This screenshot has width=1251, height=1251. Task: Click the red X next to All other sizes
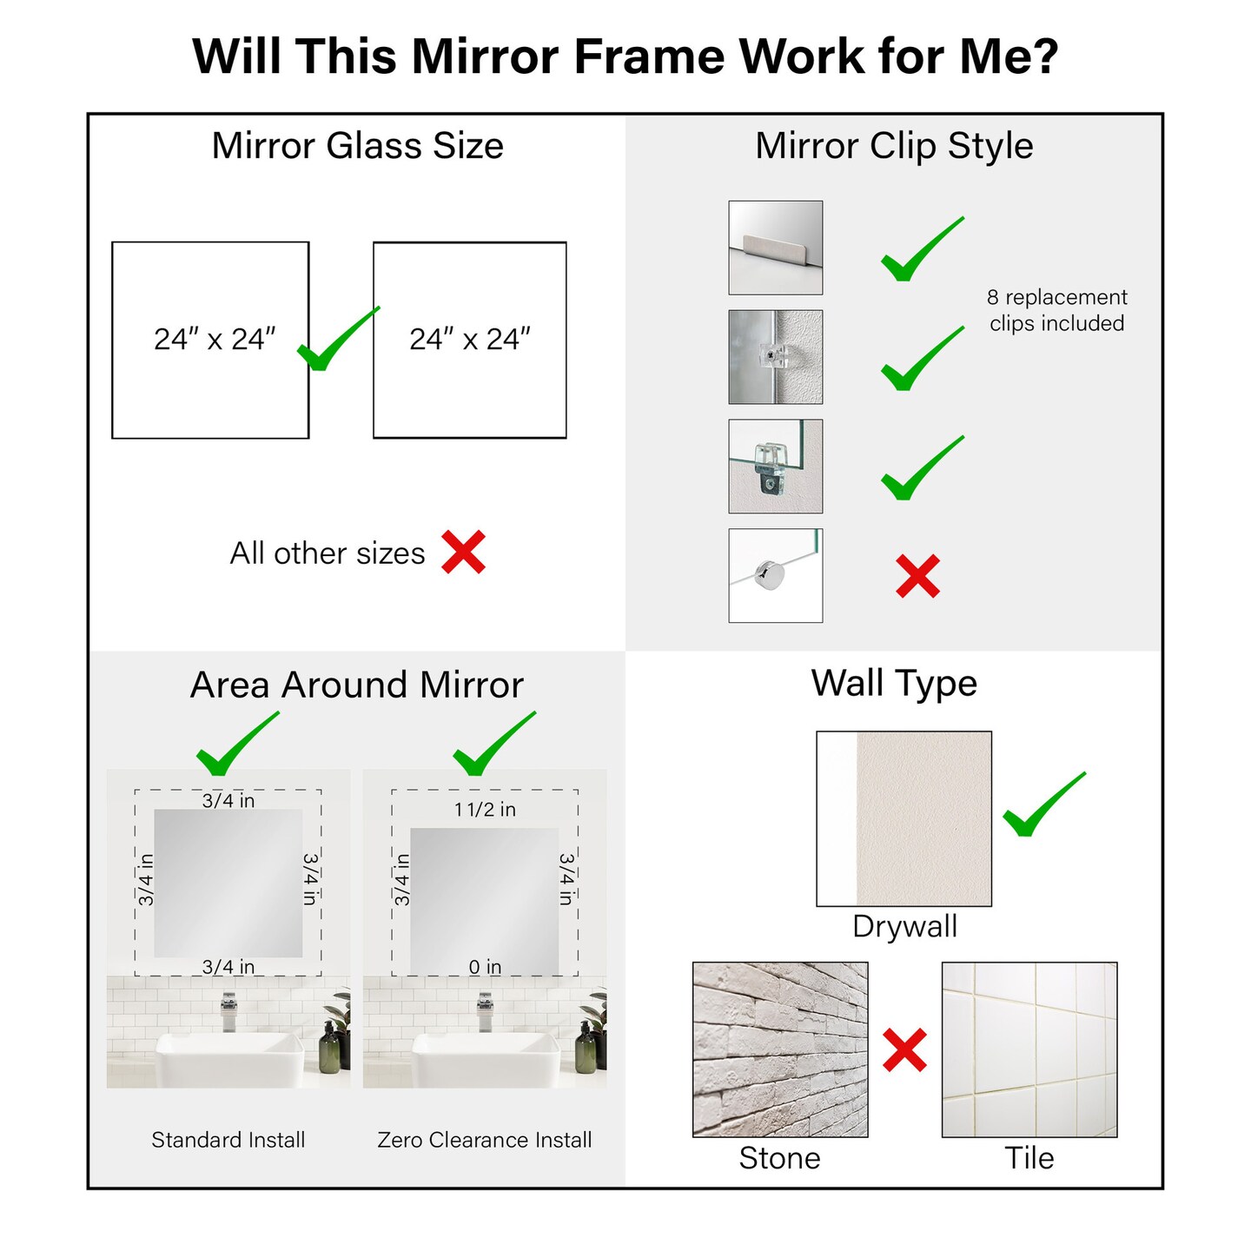click(463, 552)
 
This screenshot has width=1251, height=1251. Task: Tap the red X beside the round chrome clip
click(917, 576)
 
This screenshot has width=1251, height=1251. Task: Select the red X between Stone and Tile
click(904, 1049)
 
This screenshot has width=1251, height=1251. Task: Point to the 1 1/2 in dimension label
click(485, 810)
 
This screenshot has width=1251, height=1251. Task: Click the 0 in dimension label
click(485, 967)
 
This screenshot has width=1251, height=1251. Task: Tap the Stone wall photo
click(780, 1049)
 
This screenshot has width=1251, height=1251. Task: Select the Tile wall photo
click(1029, 1049)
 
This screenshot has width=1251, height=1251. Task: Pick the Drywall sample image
click(903, 818)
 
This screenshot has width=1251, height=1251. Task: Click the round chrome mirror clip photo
click(775, 575)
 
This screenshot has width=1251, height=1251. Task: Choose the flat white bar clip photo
click(775, 248)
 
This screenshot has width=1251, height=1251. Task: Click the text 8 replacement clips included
click(1056, 310)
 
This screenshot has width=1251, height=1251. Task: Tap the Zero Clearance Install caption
click(485, 1140)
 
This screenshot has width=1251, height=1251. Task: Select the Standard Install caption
click(228, 1140)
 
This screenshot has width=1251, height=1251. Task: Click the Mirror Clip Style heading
click(894, 146)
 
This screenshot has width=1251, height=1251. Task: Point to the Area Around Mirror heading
click(357, 685)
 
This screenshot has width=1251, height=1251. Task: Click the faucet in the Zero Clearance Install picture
click(485, 1012)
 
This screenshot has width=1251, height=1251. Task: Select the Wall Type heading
click(894, 683)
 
